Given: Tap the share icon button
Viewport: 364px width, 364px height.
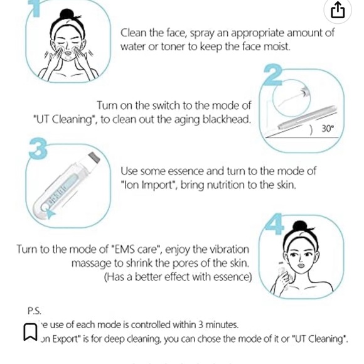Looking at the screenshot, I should pyautogui.click(x=338, y=10).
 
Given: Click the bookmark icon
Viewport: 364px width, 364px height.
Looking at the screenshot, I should pyautogui.click(x=30, y=331).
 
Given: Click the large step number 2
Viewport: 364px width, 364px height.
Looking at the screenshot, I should pyautogui.click(x=272, y=75).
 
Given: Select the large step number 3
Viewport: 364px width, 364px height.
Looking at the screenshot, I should pyautogui.click(x=38, y=149).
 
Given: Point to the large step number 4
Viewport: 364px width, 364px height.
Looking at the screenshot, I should pyautogui.click(x=274, y=224).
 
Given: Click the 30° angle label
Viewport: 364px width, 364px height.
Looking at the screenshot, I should pyautogui.click(x=328, y=129).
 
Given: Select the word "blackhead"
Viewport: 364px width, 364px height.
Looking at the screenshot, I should pyautogui.click(x=225, y=119).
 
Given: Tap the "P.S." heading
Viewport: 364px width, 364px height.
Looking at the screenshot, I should pyautogui.click(x=34, y=311).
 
